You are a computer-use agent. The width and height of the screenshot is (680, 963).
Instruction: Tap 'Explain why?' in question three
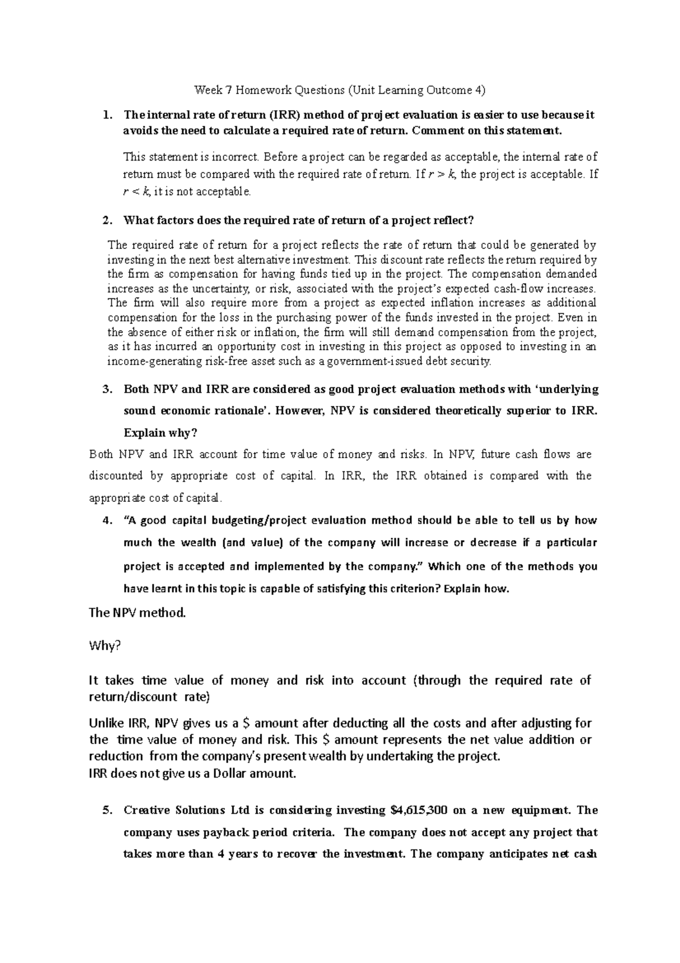point(160,433)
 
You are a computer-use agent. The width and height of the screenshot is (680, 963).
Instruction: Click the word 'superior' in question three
point(527,411)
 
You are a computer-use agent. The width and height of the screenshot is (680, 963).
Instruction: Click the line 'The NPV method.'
point(138,613)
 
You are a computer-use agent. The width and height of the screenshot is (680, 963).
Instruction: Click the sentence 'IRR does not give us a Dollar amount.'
point(193,773)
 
